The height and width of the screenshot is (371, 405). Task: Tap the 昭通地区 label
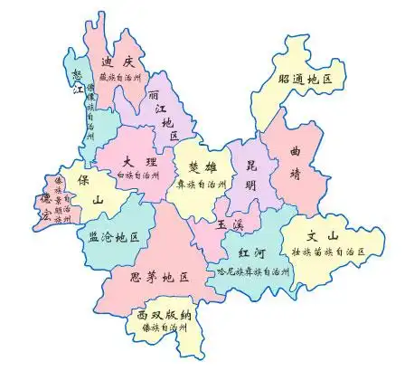coord(306,80)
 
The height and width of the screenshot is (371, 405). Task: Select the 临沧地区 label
coord(114,237)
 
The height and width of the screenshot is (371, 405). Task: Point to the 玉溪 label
coord(229,223)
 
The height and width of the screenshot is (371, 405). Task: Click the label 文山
coord(323,235)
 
